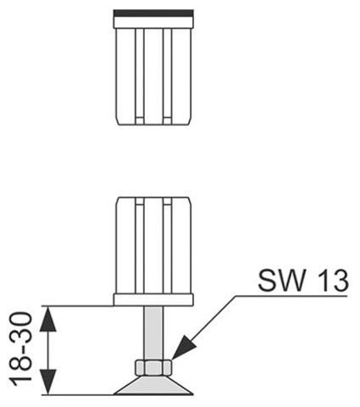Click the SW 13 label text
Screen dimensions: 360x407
(303, 281)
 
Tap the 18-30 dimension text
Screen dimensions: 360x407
(20, 349)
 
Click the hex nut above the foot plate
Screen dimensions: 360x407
(153, 368)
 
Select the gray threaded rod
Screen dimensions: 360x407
(153, 333)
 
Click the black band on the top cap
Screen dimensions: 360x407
(153, 13)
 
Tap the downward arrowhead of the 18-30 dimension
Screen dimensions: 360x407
(47, 382)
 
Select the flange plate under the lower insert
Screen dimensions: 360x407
(153, 300)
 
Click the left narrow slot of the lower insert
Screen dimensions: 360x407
(140, 246)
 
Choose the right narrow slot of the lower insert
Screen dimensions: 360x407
(168, 246)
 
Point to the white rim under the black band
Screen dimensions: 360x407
(153, 22)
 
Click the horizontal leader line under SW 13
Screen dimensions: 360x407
(291, 296)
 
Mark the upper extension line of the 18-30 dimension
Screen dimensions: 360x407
(78, 306)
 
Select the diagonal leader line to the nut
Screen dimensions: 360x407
(204, 327)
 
